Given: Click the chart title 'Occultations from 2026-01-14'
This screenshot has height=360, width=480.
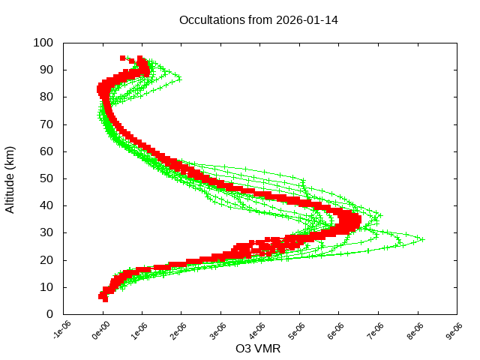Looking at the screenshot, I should coord(258,20).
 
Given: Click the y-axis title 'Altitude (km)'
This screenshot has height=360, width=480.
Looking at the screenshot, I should coord(10,178).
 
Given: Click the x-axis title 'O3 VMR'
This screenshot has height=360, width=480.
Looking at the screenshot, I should coord(258,349).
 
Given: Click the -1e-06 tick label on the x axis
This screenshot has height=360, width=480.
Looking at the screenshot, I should coord(61,331).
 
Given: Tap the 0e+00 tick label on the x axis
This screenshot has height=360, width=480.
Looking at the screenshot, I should coord(100,331).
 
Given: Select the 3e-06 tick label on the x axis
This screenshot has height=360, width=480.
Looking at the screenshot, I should coord(219,331).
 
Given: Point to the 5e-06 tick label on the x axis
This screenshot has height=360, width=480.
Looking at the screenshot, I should coord(298,331).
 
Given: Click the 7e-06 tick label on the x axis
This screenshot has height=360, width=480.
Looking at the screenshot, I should coord(376,331).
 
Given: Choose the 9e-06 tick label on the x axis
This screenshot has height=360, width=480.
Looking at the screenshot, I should coord(454,331).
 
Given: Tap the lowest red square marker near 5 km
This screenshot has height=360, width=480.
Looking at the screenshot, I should coord(105,299).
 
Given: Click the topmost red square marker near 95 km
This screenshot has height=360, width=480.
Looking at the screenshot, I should coord(123,58).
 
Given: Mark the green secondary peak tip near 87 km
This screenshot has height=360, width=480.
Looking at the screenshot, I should coord(179,78).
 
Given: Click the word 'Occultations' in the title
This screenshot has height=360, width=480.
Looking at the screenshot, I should coord(212,20).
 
